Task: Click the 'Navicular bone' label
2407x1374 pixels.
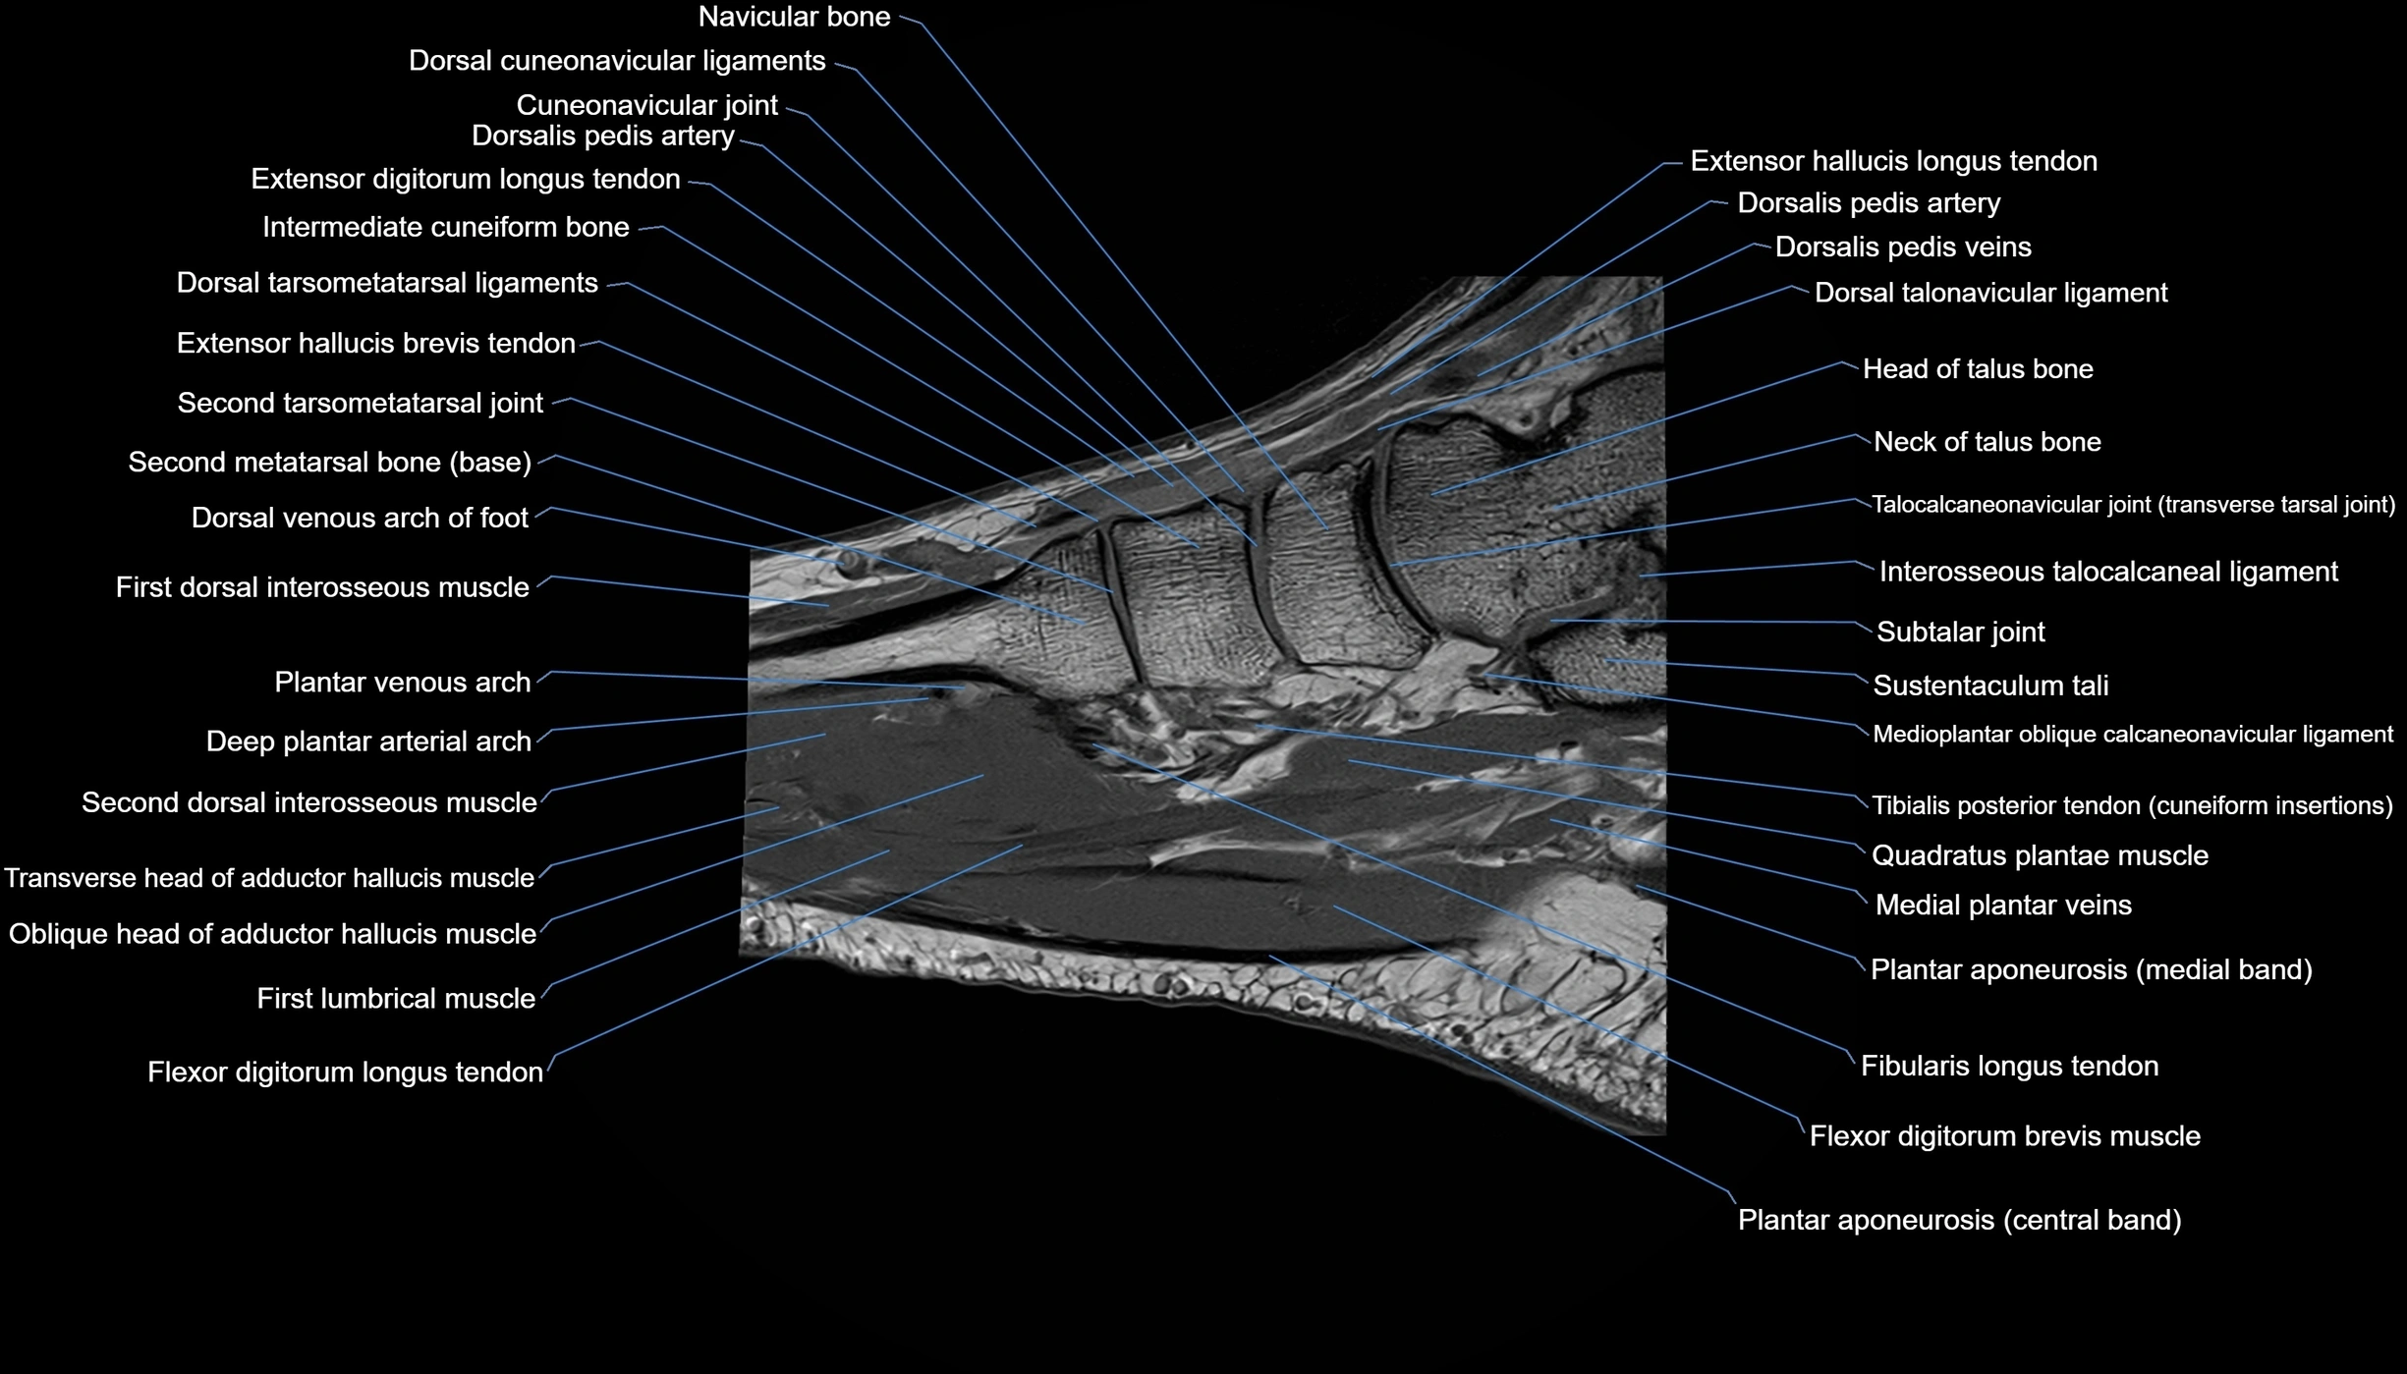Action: point(794,17)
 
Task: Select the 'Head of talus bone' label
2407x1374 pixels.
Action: point(1978,369)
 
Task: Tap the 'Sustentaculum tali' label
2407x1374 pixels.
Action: point(1990,686)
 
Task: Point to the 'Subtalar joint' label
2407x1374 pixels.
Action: point(1960,632)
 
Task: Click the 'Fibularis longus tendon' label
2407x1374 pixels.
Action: point(2009,1067)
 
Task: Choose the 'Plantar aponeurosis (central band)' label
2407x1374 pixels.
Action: point(1959,1220)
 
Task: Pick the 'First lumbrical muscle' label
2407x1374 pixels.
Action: point(396,999)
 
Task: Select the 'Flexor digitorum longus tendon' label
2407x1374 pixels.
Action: point(345,1072)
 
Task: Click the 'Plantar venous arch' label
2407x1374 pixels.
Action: point(402,683)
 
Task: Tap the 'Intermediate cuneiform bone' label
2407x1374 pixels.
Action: point(445,227)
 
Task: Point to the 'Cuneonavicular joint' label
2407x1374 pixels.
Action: point(646,105)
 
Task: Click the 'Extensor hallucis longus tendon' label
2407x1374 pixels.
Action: point(1893,161)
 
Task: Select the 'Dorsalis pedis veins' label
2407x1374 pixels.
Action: point(1903,247)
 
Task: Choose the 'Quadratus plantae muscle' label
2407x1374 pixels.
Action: point(2040,855)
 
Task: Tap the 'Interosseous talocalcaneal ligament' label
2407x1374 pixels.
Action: point(2108,572)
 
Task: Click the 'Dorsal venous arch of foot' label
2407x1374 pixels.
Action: point(360,518)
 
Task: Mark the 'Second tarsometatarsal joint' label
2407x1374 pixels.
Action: point(360,403)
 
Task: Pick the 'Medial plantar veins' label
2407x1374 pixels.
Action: point(2003,906)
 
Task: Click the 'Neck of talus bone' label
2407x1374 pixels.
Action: point(1987,442)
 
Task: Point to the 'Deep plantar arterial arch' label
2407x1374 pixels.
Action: point(368,742)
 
